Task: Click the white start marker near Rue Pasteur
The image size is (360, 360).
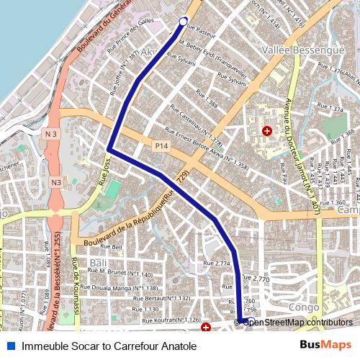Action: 182,21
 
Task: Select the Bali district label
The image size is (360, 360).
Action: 99,263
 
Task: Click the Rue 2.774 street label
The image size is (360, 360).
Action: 217,264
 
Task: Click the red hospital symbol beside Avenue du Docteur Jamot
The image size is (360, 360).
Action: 267,131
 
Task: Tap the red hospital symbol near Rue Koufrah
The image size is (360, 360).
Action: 206,328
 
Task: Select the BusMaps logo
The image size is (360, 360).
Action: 325,346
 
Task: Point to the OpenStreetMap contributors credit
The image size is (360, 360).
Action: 297,322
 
